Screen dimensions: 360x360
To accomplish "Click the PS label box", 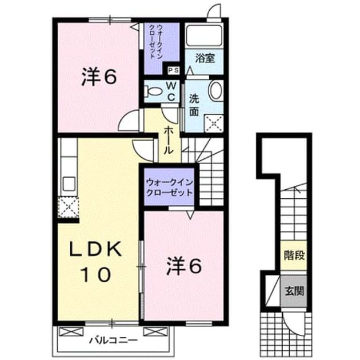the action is [174, 70].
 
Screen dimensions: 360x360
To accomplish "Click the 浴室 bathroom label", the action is [205, 58].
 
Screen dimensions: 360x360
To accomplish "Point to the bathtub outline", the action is [204, 35].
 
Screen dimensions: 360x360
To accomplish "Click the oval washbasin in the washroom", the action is [216, 90].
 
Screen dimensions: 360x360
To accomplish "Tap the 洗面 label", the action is [194, 105].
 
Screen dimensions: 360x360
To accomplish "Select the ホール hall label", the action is [169, 140].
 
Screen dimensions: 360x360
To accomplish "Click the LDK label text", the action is [96, 249].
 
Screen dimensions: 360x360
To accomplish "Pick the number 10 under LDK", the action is [96, 274].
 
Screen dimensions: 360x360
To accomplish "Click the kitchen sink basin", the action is [69, 183].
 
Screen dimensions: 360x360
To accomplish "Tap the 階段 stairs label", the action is [294, 255].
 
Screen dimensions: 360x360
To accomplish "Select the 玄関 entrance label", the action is [294, 291].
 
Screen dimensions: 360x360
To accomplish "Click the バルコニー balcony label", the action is [113, 340].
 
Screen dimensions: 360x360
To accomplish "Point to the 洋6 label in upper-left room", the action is [99, 77].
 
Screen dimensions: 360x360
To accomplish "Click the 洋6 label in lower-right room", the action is [184, 265].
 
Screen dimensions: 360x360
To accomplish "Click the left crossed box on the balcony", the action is [71, 332].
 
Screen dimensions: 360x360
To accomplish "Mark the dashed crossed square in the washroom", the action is [214, 123].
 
